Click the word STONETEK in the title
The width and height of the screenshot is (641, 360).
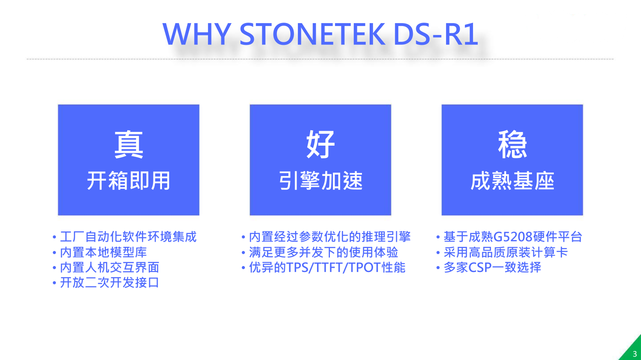(x=312, y=34)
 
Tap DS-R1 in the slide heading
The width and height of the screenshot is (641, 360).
(x=436, y=34)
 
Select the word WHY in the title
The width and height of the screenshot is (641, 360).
(x=197, y=34)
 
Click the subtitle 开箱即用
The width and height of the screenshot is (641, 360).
(x=129, y=181)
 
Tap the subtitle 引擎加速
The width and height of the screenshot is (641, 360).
(x=320, y=181)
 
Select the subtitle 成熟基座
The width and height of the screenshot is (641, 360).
(x=512, y=181)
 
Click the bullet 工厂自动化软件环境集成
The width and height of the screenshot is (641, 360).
(x=128, y=237)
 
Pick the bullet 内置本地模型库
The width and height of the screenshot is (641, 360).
(x=103, y=252)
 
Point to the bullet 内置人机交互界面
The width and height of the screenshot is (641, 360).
(x=109, y=267)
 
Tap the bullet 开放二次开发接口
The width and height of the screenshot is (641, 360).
(x=109, y=283)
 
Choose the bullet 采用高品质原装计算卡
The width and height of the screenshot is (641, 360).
(x=506, y=252)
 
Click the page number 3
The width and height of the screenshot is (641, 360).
(x=635, y=354)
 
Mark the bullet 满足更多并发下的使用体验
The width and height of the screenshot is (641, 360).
(x=323, y=252)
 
